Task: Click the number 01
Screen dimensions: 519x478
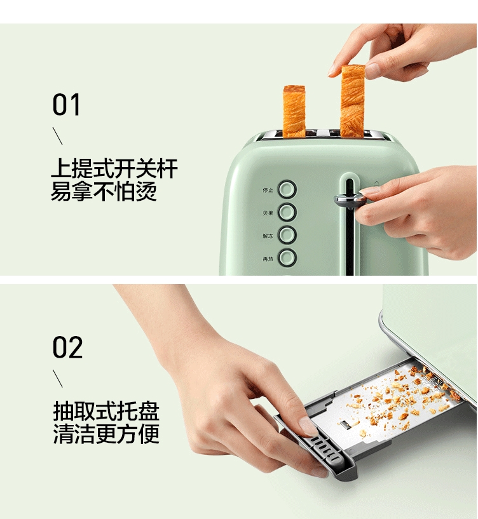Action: coord(67,105)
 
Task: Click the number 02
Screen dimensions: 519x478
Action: coord(67,347)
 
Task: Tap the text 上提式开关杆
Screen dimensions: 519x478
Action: coord(114,169)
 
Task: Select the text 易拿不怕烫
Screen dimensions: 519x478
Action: coord(104,191)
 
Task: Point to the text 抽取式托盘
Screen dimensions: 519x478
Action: coord(106,411)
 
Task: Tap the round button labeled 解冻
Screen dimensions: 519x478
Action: coord(288,235)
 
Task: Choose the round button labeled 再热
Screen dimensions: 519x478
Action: coord(288,258)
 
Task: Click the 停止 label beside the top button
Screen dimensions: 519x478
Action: coord(268,189)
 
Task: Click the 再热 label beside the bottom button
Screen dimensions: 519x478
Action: coord(268,259)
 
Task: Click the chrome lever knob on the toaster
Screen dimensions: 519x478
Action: coord(348,200)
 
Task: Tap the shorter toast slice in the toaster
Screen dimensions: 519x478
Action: coord(294,112)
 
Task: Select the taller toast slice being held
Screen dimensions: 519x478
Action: coord(352,102)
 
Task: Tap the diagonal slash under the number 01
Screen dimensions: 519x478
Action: coord(57,135)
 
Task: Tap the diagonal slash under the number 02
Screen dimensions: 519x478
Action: coord(57,378)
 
